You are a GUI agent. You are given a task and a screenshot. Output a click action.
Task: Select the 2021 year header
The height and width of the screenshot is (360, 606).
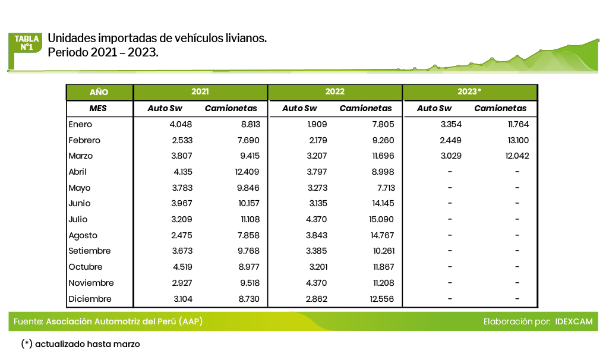(200, 92)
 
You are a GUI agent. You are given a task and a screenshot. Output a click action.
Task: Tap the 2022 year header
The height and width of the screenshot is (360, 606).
(334, 92)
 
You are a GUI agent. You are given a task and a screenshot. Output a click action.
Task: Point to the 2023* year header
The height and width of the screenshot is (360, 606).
(469, 92)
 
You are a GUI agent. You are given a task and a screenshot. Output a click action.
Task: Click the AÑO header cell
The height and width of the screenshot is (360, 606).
(99, 92)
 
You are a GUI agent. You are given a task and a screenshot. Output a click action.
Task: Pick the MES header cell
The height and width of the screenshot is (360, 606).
(99, 109)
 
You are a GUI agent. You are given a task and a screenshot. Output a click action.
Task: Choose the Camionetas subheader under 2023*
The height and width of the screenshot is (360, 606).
(500, 109)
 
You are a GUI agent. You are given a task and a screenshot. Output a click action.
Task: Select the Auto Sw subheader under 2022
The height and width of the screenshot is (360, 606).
(299, 109)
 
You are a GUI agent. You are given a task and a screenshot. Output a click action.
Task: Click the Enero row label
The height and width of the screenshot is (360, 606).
(81, 125)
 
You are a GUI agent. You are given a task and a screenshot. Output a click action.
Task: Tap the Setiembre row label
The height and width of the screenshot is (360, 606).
(90, 251)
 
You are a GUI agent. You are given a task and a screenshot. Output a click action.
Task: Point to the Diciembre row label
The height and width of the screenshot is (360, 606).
(90, 299)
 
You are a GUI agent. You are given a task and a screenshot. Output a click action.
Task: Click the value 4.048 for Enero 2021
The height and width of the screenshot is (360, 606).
(181, 125)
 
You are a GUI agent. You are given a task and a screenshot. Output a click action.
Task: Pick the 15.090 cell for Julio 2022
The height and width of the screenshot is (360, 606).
(381, 220)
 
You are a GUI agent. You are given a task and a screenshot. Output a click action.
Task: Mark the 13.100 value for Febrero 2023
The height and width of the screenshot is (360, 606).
(516, 141)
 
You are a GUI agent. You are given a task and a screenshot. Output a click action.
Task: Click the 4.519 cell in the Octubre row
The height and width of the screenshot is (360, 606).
(181, 267)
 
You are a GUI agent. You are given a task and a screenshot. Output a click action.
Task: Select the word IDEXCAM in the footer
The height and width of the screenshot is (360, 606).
(574, 322)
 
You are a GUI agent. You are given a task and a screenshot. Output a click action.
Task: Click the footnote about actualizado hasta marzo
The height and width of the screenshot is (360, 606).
(81, 344)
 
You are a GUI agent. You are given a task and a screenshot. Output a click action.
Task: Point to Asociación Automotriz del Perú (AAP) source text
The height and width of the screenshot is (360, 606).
(124, 322)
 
